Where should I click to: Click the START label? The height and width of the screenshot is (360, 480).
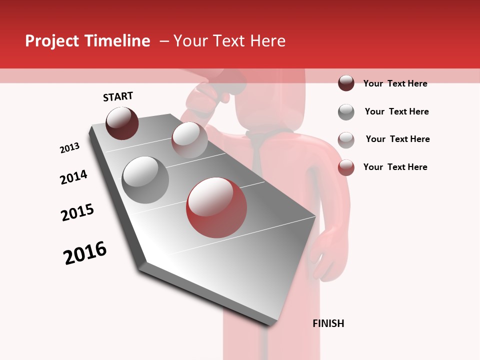click(x=118, y=96)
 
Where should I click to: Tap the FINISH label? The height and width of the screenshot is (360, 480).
click(x=328, y=323)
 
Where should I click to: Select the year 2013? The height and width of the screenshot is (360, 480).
click(x=69, y=148)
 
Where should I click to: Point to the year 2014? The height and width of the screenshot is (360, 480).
click(x=73, y=177)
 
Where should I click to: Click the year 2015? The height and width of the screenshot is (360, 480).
click(x=77, y=212)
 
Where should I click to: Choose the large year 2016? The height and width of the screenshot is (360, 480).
click(x=85, y=252)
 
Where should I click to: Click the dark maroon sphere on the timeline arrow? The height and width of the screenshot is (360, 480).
click(x=122, y=123)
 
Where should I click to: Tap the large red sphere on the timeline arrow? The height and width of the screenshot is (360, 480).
click(x=216, y=207)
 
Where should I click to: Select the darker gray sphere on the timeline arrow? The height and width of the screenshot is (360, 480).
click(x=145, y=180)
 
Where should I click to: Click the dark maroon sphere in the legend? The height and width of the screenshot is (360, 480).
click(x=346, y=83)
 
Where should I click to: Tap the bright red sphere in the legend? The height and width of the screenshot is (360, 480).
click(x=346, y=167)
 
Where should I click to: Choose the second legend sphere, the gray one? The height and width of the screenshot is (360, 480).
click(x=346, y=112)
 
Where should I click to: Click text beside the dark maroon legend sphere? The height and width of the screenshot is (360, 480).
click(x=395, y=83)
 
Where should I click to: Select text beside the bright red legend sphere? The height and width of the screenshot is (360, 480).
click(x=395, y=167)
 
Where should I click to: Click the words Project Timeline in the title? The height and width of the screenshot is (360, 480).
click(x=87, y=41)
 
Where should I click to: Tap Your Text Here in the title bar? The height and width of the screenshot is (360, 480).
click(x=229, y=41)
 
